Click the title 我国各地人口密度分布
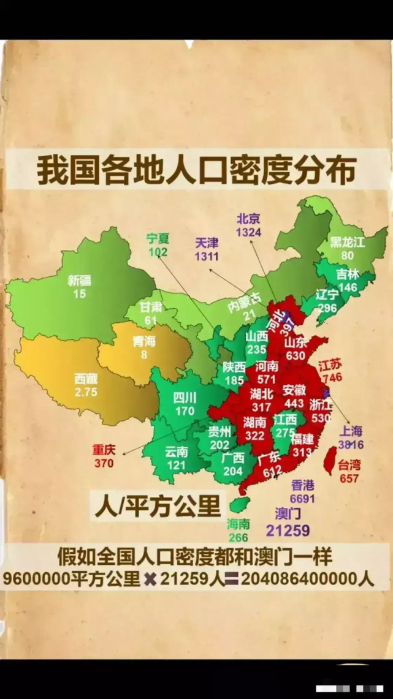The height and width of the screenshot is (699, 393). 196,171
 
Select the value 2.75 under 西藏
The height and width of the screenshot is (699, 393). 86,392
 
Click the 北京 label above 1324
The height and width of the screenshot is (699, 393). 248,219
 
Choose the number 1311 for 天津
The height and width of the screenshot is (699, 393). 207,256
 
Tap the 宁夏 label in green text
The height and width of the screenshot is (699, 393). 158,239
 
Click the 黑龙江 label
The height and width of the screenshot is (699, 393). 347,242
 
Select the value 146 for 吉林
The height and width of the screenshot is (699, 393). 347,287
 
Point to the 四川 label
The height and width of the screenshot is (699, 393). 184,398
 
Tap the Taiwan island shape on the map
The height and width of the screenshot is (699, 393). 329,460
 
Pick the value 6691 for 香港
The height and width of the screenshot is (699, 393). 303,499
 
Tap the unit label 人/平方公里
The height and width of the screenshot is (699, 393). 157,506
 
